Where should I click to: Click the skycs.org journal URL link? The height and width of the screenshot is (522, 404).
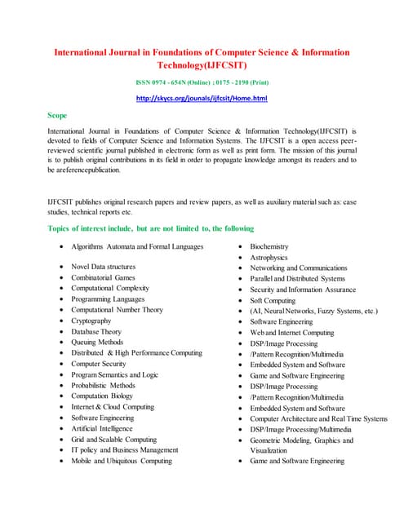[x=202, y=99]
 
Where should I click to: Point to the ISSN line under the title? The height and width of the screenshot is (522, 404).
[x=202, y=82]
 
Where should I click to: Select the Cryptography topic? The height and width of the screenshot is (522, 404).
[x=91, y=321]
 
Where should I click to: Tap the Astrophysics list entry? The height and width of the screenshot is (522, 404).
[x=269, y=257]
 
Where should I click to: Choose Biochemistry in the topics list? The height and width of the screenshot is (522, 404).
[x=269, y=246]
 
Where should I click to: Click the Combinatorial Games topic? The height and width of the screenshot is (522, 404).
[x=103, y=278]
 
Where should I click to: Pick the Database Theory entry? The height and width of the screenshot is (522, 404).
[x=96, y=332]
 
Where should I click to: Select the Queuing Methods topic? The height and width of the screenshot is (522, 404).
[x=98, y=343]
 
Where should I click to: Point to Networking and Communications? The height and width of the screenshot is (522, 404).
[x=299, y=268]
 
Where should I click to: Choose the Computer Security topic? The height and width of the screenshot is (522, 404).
[x=98, y=364]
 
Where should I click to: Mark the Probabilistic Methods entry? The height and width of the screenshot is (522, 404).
[x=104, y=386]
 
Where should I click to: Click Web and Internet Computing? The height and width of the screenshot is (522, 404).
[x=292, y=333]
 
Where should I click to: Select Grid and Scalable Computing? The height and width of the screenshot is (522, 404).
[x=114, y=439]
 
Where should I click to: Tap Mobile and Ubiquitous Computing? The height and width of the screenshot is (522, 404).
[x=122, y=461]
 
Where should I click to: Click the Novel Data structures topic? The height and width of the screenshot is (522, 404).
[x=104, y=267]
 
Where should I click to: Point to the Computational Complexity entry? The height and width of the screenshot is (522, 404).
[x=110, y=289]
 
